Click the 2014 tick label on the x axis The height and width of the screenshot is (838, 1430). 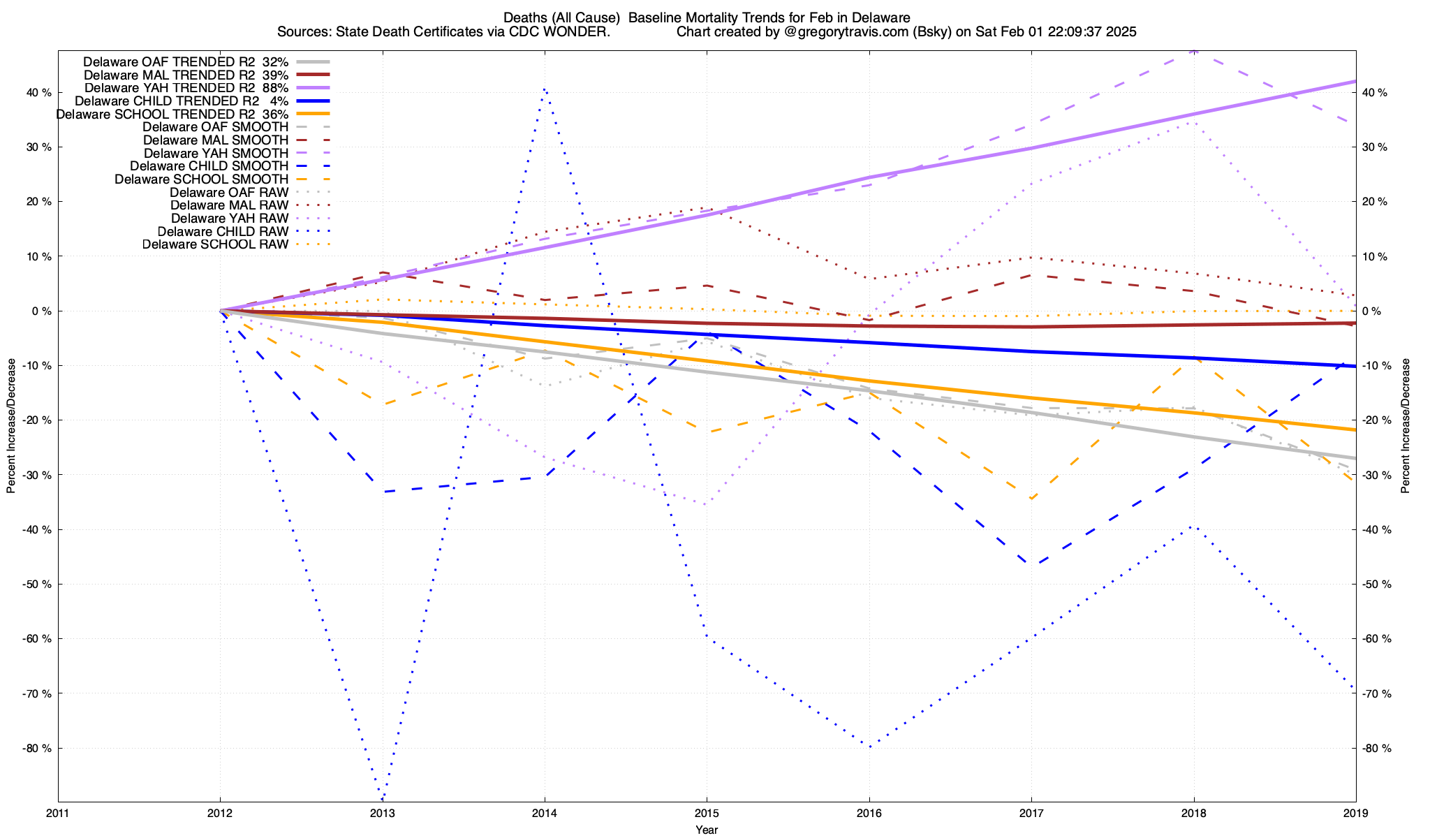tap(545, 813)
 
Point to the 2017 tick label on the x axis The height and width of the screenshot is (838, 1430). tap(1031, 813)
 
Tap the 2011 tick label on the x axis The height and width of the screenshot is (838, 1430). tap(58, 813)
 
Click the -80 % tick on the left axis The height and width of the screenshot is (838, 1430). tap(36, 748)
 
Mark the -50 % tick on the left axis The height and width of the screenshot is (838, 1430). tap(36, 584)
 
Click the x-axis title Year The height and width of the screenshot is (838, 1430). tap(707, 830)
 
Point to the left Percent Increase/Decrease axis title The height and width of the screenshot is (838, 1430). tap(11, 426)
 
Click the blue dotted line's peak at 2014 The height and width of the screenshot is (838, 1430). tap(545, 89)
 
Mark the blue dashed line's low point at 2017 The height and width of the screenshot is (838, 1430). tap(1031, 564)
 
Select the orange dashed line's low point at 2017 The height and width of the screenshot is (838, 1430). tap(1031, 499)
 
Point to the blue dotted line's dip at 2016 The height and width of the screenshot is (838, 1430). tap(869, 747)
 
